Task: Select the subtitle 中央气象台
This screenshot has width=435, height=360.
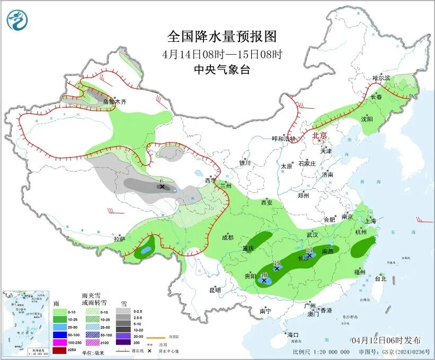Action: tap(221, 70)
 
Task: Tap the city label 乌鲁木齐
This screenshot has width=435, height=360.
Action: tap(114, 101)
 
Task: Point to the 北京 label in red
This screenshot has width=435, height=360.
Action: tap(321, 135)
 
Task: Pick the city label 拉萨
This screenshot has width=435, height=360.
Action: tap(119, 239)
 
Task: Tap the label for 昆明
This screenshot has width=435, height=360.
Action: tap(215, 290)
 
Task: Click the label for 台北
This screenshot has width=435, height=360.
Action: tap(380, 278)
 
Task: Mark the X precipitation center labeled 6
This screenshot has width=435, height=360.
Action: tap(162, 187)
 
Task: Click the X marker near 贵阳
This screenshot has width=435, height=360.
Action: tap(264, 280)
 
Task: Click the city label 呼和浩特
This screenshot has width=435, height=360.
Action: tap(284, 139)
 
